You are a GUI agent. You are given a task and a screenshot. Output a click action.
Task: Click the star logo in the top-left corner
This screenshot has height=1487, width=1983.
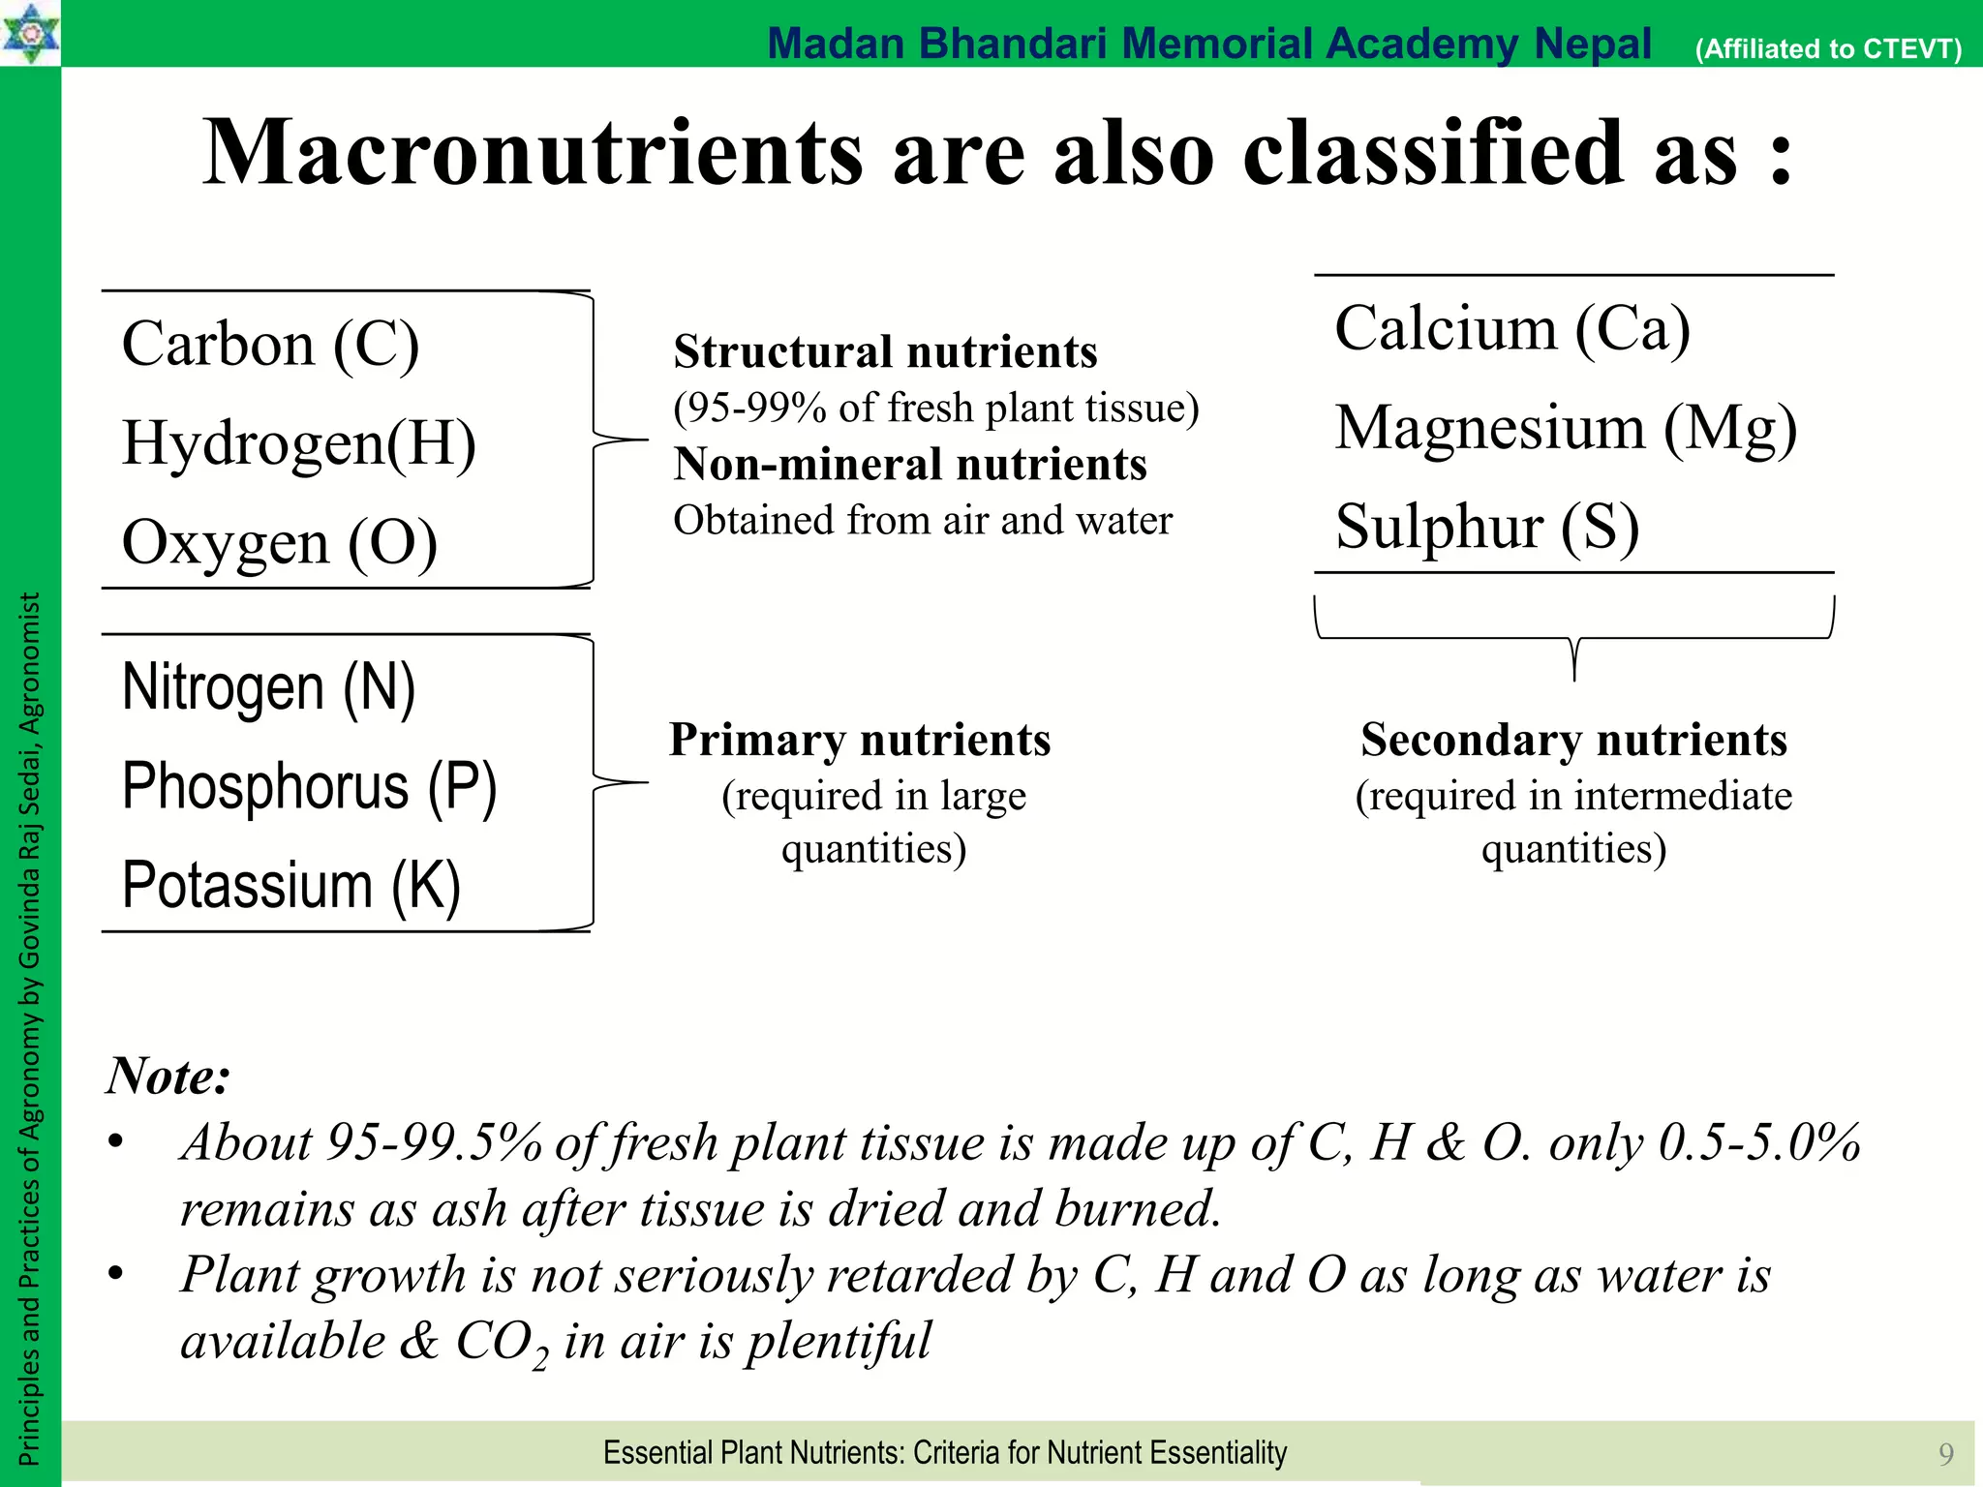pyautogui.click(x=30, y=32)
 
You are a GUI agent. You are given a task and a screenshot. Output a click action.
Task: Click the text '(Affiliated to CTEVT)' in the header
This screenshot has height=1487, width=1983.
pyautogui.click(x=1828, y=48)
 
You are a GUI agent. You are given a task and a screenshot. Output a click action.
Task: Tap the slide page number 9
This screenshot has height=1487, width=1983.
pyautogui.click(x=1945, y=1453)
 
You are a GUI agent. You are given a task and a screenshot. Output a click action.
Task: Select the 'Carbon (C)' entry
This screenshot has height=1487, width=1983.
pyautogui.click(x=270, y=345)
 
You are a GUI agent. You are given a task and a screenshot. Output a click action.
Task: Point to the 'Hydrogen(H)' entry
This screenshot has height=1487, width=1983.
pyautogui.click(x=298, y=443)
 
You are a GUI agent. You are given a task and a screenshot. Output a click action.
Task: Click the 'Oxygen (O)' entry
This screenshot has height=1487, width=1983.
pyautogui.click(x=279, y=542)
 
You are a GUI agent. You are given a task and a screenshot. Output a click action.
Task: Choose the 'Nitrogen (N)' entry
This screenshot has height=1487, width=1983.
pyautogui.click(x=268, y=688)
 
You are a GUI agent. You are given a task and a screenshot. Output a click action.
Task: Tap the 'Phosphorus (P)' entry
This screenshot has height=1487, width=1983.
pyautogui.click(x=309, y=786)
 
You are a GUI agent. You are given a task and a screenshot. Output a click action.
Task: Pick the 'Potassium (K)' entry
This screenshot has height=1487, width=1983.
pyautogui.click(x=290, y=885)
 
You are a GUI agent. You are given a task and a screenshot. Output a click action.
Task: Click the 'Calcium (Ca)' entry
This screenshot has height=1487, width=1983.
pyautogui.click(x=1511, y=329)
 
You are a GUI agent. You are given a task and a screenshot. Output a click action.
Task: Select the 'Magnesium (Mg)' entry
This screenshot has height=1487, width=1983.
pyautogui.click(x=1565, y=428)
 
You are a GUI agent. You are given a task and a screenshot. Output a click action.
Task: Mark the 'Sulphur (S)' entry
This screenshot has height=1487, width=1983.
pyautogui.click(x=1486, y=527)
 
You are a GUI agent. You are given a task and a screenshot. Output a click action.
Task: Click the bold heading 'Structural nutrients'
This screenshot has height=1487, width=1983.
pyautogui.click(x=885, y=351)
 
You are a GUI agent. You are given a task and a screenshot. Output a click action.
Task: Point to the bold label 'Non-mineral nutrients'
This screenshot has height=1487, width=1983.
pyautogui.click(x=910, y=464)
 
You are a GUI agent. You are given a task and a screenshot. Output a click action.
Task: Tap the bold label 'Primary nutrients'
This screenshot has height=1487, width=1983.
pyautogui.click(x=860, y=740)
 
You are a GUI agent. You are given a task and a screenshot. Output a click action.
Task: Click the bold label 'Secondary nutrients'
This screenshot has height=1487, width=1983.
pyautogui.click(x=1573, y=740)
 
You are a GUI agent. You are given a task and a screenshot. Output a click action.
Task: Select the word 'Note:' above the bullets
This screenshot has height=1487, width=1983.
pyautogui.click(x=168, y=1076)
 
